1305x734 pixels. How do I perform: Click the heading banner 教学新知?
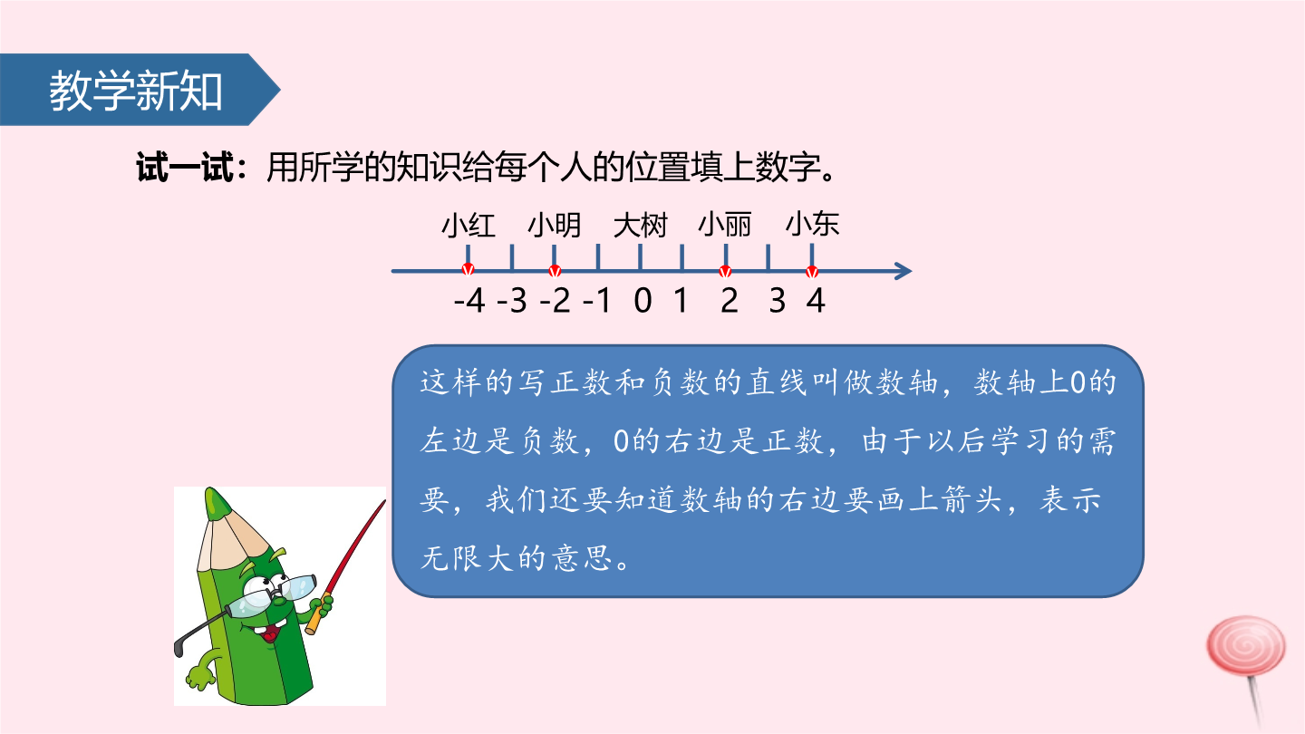[x=140, y=90]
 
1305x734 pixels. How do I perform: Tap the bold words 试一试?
[x=185, y=168]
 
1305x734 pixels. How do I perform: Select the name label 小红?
[x=469, y=226]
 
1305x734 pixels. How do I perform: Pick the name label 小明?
[x=554, y=226]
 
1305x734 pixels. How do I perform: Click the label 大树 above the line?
[x=640, y=226]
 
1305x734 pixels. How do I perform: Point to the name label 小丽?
[x=725, y=225]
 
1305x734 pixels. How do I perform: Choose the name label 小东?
[x=812, y=225]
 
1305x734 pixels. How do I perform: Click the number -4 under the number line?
[x=469, y=301]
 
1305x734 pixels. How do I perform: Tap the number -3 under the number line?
[x=512, y=301]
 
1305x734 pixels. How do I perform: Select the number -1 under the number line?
[x=597, y=301]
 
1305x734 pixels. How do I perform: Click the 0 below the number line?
[x=643, y=301]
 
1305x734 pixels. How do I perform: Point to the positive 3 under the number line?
[x=778, y=301]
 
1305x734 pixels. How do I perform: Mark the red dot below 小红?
[x=468, y=270]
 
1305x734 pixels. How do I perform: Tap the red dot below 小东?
[x=812, y=272]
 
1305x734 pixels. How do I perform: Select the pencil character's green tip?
[x=215, y=503]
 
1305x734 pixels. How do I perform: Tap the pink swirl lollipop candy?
[x=1245, y=647]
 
